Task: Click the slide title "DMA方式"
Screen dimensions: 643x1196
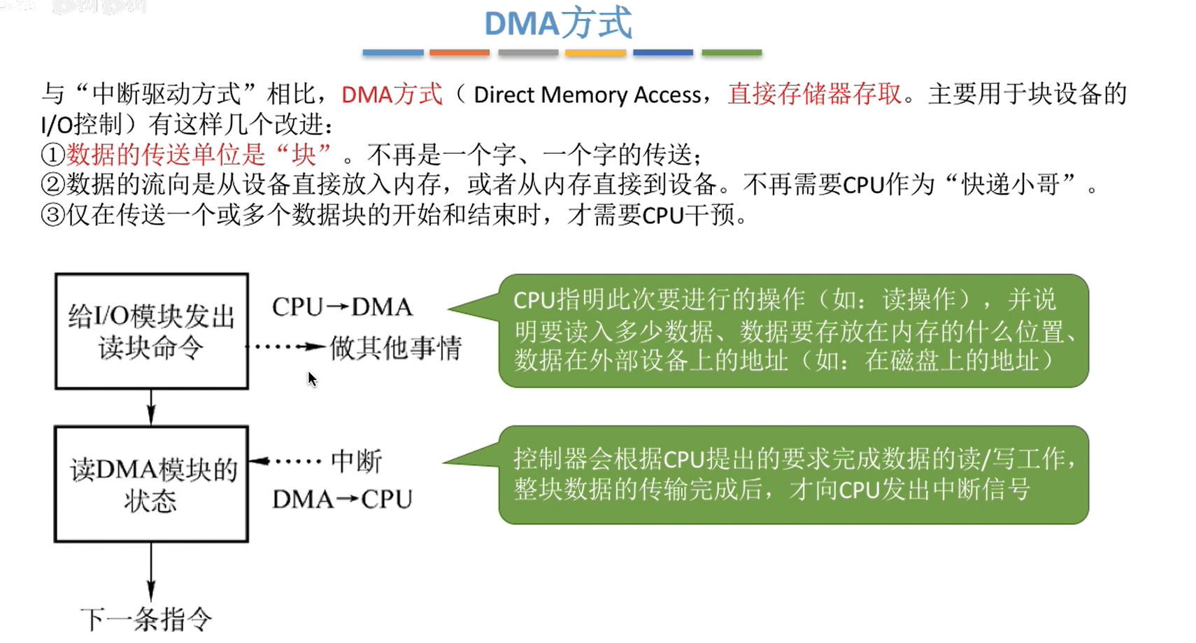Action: point(558,24)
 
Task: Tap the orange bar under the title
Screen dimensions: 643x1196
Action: point(460,53)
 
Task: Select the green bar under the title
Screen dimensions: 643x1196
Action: point(732,53)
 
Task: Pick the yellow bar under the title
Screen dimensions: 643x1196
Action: point(595,53)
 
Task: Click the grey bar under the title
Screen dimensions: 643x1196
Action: point(528,53)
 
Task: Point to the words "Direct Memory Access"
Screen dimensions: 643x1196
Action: point(587,95)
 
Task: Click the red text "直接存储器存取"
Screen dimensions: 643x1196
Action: point(814,94)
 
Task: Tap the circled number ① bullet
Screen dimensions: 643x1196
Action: point(52,155)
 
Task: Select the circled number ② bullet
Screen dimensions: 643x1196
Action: point(52,185)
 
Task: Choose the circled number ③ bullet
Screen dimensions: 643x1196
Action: point(52,215)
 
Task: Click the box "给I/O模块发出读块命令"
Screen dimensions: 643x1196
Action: point(151,331)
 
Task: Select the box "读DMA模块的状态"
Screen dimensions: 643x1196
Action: point(151,484)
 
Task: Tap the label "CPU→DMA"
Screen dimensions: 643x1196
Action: point(342,307)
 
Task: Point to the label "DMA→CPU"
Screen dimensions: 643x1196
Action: point(342,500)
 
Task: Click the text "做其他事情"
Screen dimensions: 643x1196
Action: point(396,348)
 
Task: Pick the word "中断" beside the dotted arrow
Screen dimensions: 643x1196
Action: point(357,462)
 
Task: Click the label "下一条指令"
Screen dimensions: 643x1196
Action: point(146,619)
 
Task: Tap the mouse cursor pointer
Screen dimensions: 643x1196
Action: point(312,379)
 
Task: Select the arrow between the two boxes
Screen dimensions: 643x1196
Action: point(151,407)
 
